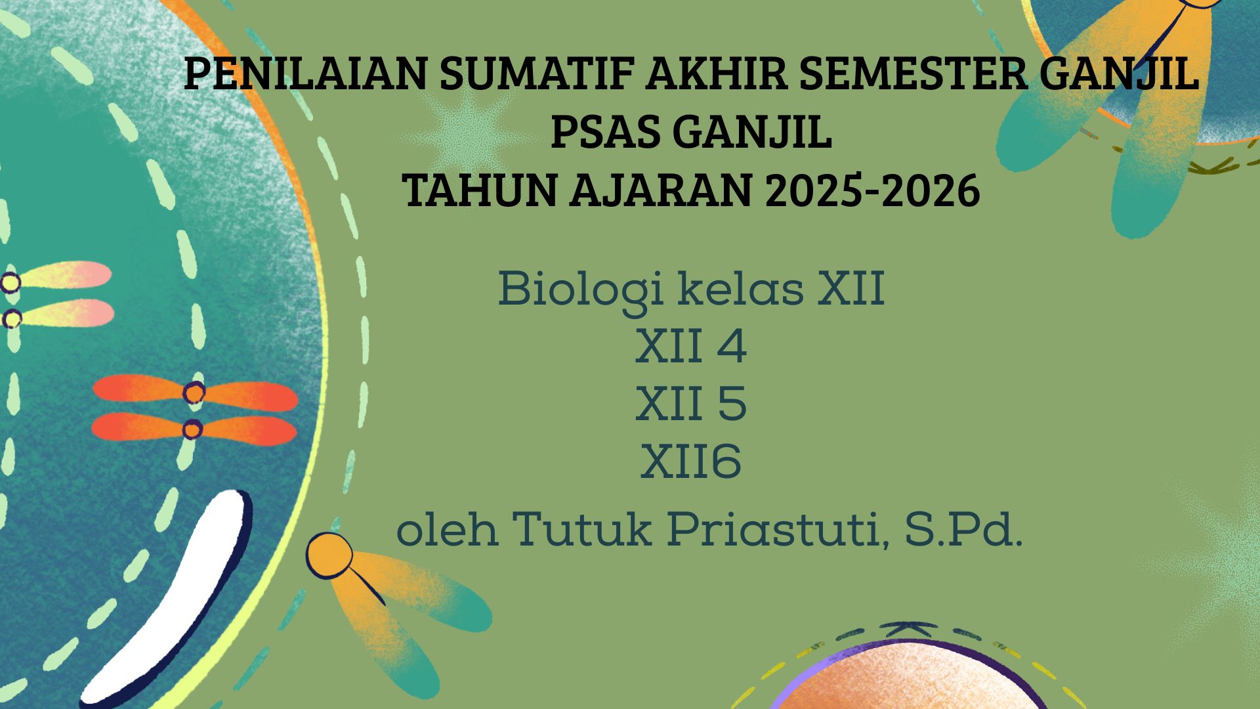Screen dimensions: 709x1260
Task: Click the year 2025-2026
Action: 872,192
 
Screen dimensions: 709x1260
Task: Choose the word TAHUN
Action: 480,192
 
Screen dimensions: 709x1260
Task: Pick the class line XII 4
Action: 691,347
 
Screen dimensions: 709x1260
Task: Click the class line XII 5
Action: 691,404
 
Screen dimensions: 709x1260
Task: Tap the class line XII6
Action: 691,462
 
